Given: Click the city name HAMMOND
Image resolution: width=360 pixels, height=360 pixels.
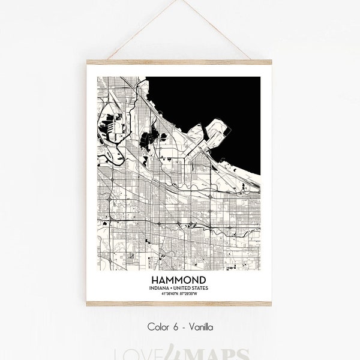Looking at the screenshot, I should tap(179, 281).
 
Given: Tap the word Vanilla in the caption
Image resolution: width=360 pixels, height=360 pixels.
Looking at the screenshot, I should tap(199, 328).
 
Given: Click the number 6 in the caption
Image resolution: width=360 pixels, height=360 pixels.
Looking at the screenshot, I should tap(173, 328).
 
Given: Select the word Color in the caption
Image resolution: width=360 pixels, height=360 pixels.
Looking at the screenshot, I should tap(157, 328).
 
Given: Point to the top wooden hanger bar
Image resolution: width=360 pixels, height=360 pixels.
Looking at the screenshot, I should tap(179, 62).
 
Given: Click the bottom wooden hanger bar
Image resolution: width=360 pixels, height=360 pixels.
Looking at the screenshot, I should tap(179, 304).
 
